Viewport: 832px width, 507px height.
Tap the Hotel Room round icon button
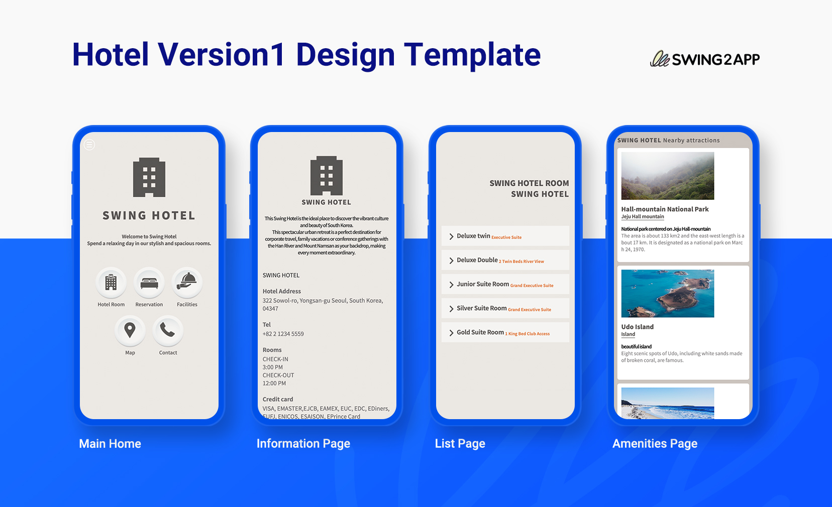tap(111, 283)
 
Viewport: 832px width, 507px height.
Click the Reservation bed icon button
tap(149, 283)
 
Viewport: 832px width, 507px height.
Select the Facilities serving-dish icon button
tap(187, 283)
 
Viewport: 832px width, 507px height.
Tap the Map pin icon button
tap(130, 330)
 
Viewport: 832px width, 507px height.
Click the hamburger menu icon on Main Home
tap(89, 145)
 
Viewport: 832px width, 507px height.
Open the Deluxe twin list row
tap(505, 236)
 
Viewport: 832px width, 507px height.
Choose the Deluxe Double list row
tap(505, 260)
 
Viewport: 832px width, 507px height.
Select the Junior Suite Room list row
tap(505, 284)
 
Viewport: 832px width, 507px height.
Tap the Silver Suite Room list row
tap(505, 308)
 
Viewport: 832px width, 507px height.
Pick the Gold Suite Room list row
tap(505, 332)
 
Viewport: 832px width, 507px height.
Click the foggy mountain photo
tap(667, 176)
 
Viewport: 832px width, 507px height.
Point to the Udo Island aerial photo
tap(667, 293)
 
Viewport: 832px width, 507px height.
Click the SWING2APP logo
tap(705, 59)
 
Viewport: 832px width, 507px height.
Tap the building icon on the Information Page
tap(327, 175)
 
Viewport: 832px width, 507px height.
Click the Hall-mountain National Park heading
tap(665, 209)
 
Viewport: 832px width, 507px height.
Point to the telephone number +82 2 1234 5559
tap(283, 334)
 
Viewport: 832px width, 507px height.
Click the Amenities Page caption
tap(655, 444)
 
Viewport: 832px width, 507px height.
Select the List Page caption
tap(460, 444)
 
